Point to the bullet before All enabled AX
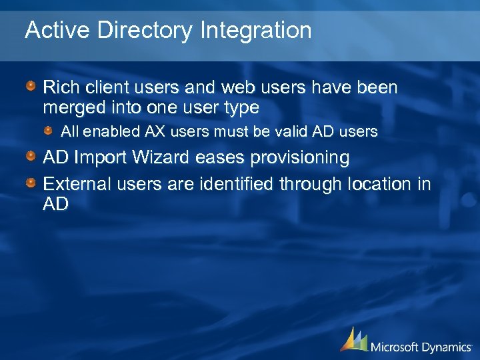tap(49, 131)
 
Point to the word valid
tap(288, 132)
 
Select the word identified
tap(233, 184)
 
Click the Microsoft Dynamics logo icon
tap(354, 339)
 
